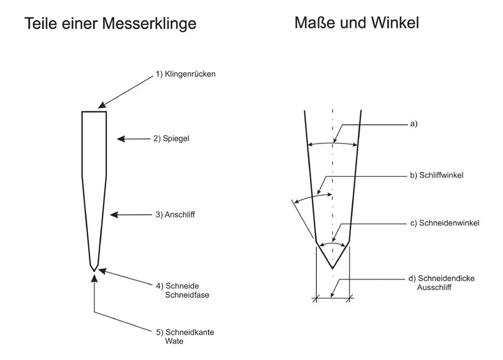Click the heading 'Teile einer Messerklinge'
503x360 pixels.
(110, 24)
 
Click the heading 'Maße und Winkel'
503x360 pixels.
(357, 23)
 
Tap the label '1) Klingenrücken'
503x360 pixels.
(186, 75)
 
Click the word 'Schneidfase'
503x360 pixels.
(187, 295)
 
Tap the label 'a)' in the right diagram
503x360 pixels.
(413, 123)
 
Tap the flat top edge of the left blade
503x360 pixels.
(94, 111)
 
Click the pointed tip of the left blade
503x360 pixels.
(94, 271)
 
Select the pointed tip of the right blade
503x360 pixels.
(332, 269)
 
